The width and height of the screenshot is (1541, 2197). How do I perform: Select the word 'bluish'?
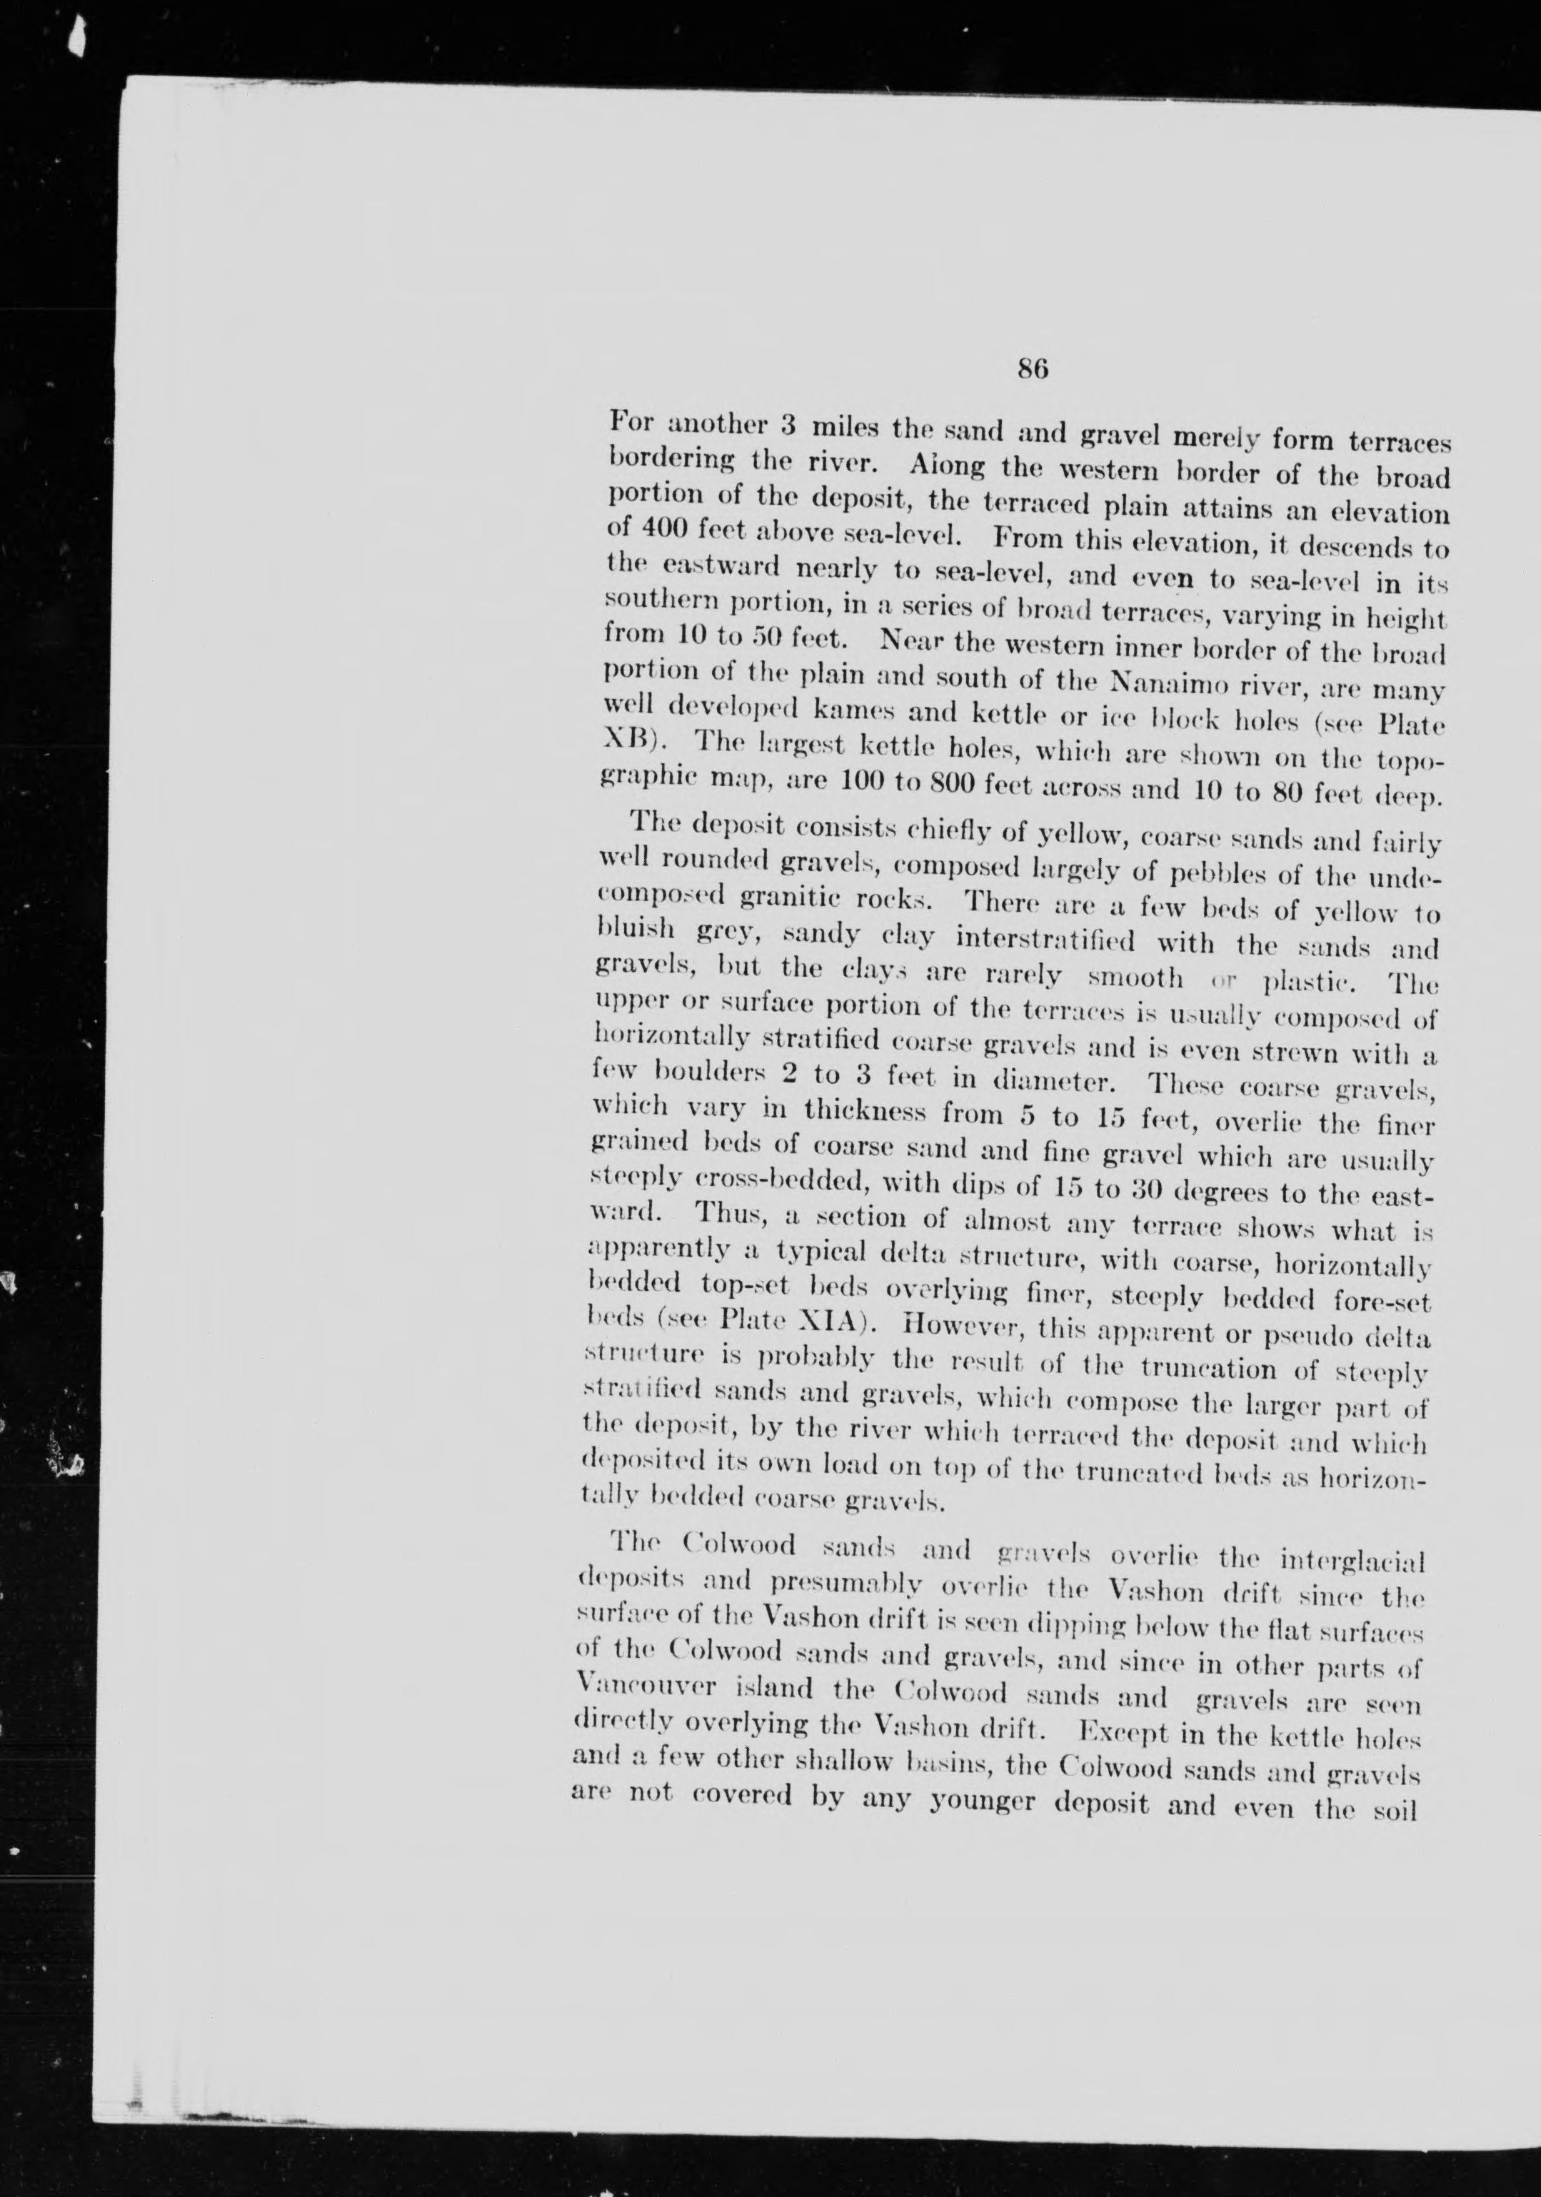[626, 929]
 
